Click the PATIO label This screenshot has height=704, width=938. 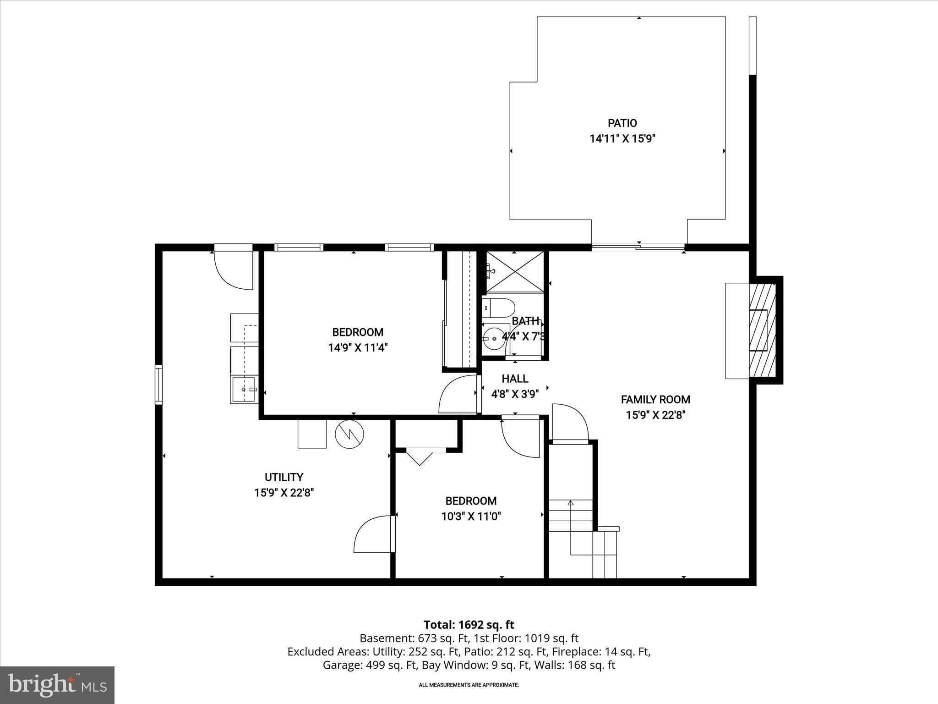622,123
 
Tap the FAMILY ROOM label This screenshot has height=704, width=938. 655,400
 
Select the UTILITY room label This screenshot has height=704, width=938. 284,477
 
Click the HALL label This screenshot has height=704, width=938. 515,379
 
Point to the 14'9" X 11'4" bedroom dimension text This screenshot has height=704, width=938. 358,348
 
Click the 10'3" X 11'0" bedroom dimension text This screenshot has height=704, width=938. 471,517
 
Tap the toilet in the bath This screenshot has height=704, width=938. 499,308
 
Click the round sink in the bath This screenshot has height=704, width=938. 494,339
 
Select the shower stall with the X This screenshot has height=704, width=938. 515,271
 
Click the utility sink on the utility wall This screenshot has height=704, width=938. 244,390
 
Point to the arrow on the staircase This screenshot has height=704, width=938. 571,503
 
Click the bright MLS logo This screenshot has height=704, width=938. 57,685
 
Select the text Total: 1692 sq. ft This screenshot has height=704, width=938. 469,625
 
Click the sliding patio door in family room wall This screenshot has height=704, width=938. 638,247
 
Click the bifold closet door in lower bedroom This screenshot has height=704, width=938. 420,457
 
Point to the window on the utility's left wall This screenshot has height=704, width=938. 158,384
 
